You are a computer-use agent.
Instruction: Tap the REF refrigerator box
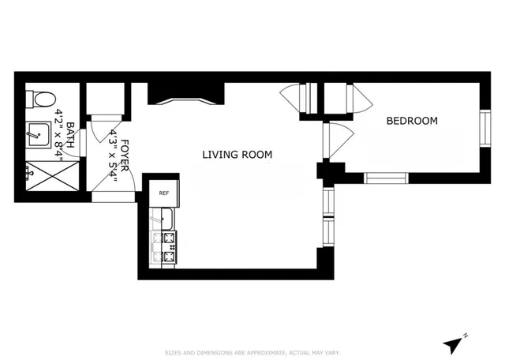pyautogui.click(x=164, y=193)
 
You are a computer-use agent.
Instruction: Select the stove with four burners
pyautogui.click(x=168, y=247)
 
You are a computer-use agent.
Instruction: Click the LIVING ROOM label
pyautogui.click(x=237, y=155)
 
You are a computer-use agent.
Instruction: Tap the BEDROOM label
pyautogui.click(x=411, y=121)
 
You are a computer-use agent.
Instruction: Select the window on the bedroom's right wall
pyautogui.click(x=484, y=128)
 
